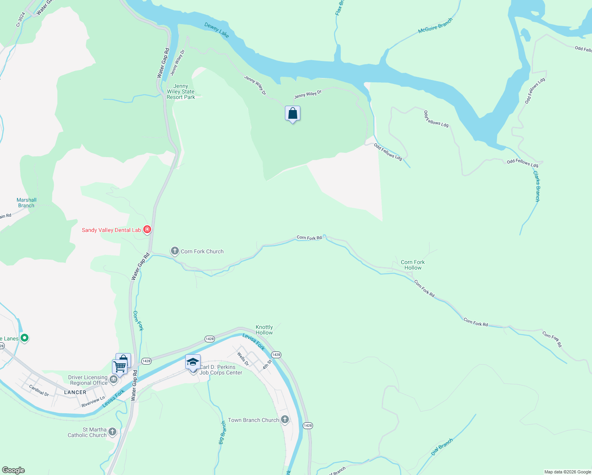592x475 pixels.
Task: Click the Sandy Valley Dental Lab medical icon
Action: pyautogui.click(x=147, y=229)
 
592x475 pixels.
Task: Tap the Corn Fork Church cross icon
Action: pyautogui.click(x=175, y=251)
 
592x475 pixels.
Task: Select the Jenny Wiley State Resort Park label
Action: pyautogui.click(x=181, y=91)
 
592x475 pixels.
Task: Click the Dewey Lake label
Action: pyautogui.click(x=217, y=30)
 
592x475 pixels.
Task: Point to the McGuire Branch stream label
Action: pyautogui.click(x=435, y=26)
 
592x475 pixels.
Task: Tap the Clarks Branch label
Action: pyautogui.click(x=537, y=186)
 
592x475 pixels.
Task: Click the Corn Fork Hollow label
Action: pyautogui.click(x=413, y=265)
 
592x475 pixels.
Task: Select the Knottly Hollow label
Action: pyautogui.click(x=264, y=330)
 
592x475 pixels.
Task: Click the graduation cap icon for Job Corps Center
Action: pyautogui.click(x=193, y=362)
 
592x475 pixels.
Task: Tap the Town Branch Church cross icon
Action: pyautogui.click(x=285, y=420)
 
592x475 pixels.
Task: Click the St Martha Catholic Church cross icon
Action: pyautogui.click(x=112, y=431)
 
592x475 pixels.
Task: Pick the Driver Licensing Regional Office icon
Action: pyautogui.click(x=114, y=380)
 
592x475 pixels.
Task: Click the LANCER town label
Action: pyautogui.click(x=75, y=392)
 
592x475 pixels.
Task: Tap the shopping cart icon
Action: pyautogui.click(x=120, y=366)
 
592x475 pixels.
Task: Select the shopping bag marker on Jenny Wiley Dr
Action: pyautogui.click(x=292, y=114)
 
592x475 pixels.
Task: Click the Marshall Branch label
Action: pyautogui.click(x=27, y=203)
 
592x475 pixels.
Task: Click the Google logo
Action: pyautogui.click(x=13, y=470)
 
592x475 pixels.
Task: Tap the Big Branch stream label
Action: pyautogui.click(x=223, y=432)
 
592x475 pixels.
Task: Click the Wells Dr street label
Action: pyautogui.click(x=243, y=358)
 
